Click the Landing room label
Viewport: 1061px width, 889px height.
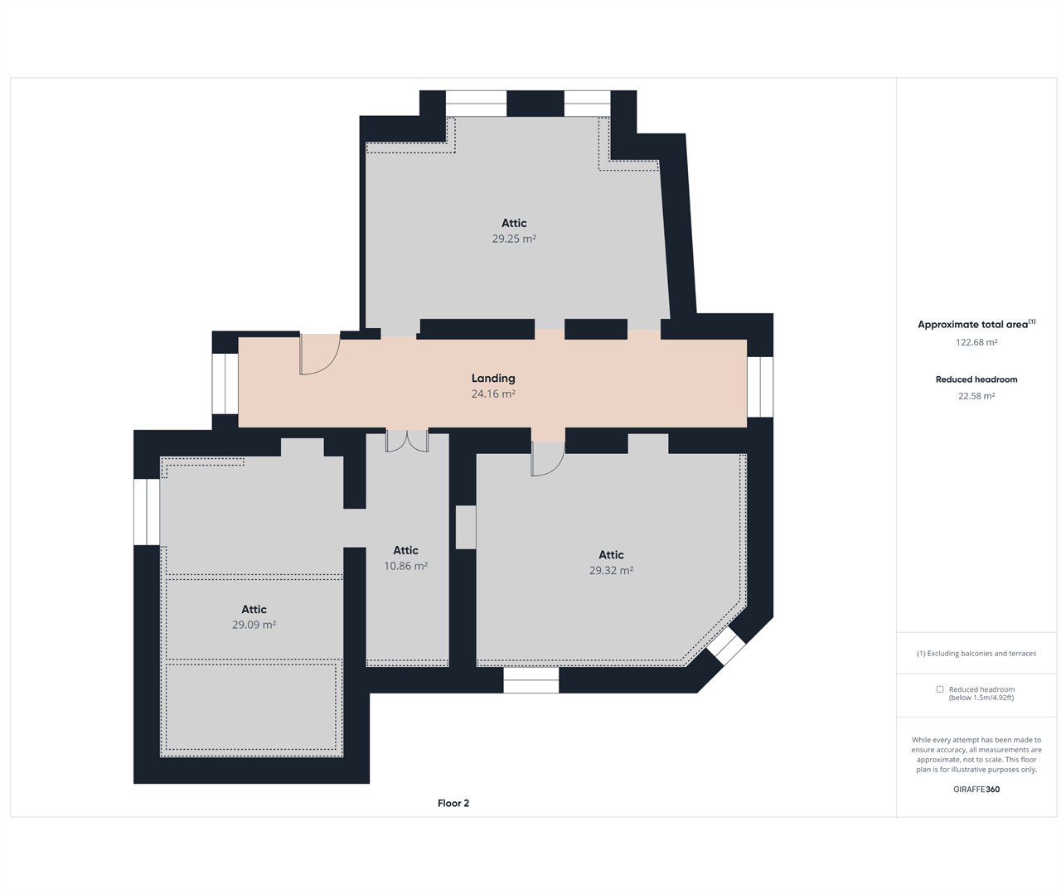point(493,378)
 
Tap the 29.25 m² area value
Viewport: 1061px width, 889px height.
point(514,239)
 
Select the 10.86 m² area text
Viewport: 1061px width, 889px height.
point(405,566)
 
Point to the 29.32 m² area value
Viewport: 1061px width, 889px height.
point(611,571)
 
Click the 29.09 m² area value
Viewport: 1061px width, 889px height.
point(254,625)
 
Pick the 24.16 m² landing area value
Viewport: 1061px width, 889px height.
point(493,394)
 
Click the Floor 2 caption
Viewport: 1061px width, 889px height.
point(453,803)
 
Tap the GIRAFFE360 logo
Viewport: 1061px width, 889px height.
point(976,790)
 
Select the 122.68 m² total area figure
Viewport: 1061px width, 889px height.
point(976,342)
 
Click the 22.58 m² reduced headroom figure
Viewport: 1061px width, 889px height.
point(976,396)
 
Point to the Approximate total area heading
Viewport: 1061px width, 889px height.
point(976,324)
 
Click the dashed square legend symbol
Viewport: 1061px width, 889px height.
point(940,689)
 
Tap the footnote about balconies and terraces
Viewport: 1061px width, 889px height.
point(976,654)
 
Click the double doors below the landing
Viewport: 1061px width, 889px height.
point(407,441)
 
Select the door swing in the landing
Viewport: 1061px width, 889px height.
point(320,354)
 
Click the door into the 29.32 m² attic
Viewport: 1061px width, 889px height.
point(548,459)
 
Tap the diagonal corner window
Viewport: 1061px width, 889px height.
point(726,646)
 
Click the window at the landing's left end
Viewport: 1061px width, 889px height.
point(225,384)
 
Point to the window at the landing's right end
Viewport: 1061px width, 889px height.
point(760,387)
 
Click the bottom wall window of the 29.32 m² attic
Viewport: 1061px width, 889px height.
point(531,679)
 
